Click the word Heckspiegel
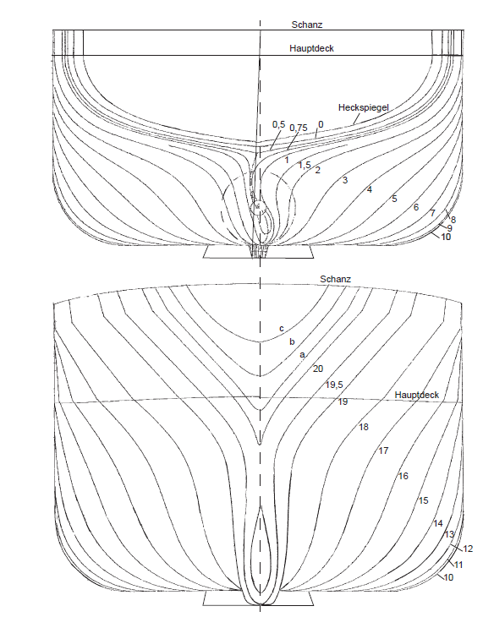point(363,107)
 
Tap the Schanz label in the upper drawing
point(307,25)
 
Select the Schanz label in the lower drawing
point(335,279)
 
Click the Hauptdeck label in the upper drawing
point(311,48)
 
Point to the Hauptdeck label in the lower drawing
point(417,395)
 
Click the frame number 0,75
point(299,128)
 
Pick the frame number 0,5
point(278,124)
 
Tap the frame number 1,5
point(305,165)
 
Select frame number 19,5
point(334,385)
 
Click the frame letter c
point(282,329)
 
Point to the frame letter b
point(292,341)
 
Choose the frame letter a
point(302,355)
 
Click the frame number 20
point(317,369)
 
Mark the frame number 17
point(383,451)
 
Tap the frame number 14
point(438,523)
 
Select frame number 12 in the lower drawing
point(468,549)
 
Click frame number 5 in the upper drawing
point(394,199)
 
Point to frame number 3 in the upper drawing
point(345,180)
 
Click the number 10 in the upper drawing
point(446,237)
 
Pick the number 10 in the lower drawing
point(448,577)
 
